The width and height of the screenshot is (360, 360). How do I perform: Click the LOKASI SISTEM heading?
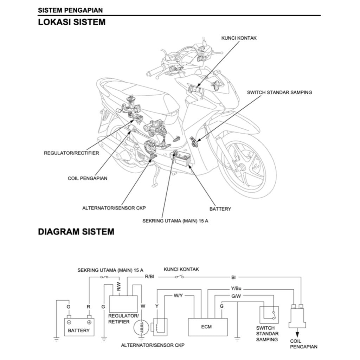click(x=72, y=22)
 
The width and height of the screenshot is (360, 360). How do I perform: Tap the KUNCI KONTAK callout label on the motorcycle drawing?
click(x=239, y=38)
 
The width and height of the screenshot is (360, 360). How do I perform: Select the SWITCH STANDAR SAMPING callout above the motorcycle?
click(x=279, y=92)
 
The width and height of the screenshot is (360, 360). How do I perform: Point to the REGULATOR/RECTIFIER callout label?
click(x=71, y=153)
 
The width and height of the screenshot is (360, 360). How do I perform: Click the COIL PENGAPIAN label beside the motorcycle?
click(x=88, y=178)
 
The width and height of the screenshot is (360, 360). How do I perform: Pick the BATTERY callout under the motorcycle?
click(x=220, y=209)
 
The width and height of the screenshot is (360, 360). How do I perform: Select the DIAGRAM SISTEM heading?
click(x=76, y=232)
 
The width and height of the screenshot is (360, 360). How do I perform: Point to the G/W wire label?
click(x=236, y=296)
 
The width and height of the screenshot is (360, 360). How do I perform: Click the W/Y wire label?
click(x=178, y=295)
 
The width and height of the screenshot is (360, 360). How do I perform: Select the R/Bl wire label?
click(x=149, y=277)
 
